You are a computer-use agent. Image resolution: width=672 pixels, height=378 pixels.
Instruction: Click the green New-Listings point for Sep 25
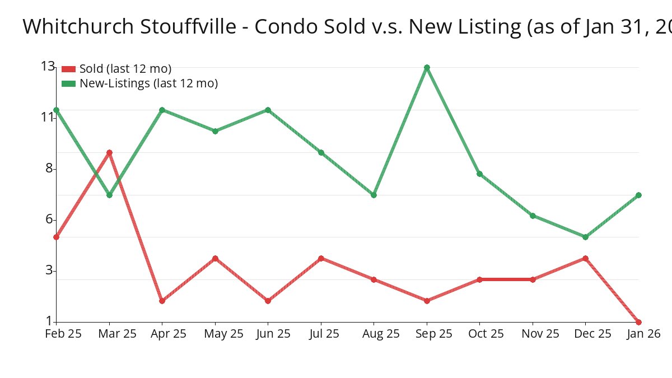[427, 67]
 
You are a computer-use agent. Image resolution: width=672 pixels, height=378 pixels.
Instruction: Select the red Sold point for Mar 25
[109, 152]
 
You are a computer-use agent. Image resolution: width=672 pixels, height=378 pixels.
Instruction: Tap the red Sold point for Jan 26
[638, 322]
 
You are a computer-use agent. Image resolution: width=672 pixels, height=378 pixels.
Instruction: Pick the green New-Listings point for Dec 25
[585, 237]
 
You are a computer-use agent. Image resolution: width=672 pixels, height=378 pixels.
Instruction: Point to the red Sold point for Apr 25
[162, 301]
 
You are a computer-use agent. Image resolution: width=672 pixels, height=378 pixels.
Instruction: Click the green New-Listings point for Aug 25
[374, 195]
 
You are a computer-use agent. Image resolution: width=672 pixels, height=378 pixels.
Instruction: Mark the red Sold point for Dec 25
[585, 258]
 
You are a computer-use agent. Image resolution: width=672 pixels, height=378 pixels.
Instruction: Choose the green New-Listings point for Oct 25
[479, 174]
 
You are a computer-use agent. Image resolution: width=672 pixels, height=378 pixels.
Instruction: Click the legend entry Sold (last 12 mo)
[125, 69]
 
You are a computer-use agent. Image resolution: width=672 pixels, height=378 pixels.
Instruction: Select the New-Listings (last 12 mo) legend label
[148, 83]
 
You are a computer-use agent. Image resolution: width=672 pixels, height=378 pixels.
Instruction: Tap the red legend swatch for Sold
[68, 69]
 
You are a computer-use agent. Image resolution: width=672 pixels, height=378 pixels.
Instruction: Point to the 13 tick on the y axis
[48, 67]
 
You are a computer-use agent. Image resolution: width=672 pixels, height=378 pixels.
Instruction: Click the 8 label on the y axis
[50, 168]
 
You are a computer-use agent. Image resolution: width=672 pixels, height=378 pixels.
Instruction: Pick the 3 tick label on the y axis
[50, 270]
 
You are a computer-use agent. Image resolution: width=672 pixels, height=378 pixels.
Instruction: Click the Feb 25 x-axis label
[63, 334]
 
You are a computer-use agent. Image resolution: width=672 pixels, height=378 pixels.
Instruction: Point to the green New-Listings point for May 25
[215, 131]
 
